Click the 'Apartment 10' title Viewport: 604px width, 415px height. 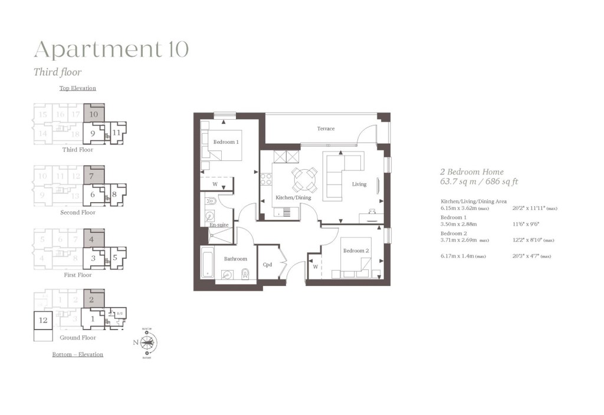tap(111, 50)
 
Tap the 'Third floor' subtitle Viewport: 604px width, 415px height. tap(57, 73)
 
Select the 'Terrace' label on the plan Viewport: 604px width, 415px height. tap(326, 129)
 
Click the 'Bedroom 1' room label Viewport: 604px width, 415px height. tap(226, 142)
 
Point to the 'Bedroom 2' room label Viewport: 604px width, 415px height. tap(356, 251)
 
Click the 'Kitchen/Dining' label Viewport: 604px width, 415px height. tap(293, 197)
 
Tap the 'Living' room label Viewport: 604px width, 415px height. tap(359, 184)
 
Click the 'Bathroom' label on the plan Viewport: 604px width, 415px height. tap(235, 259)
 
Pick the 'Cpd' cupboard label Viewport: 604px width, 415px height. tap(267, 265)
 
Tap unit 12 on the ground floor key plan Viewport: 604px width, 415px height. tap(43, 320)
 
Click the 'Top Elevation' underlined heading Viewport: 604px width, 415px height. tap(77, 88)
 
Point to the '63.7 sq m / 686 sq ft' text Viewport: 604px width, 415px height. tap(479, 182)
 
